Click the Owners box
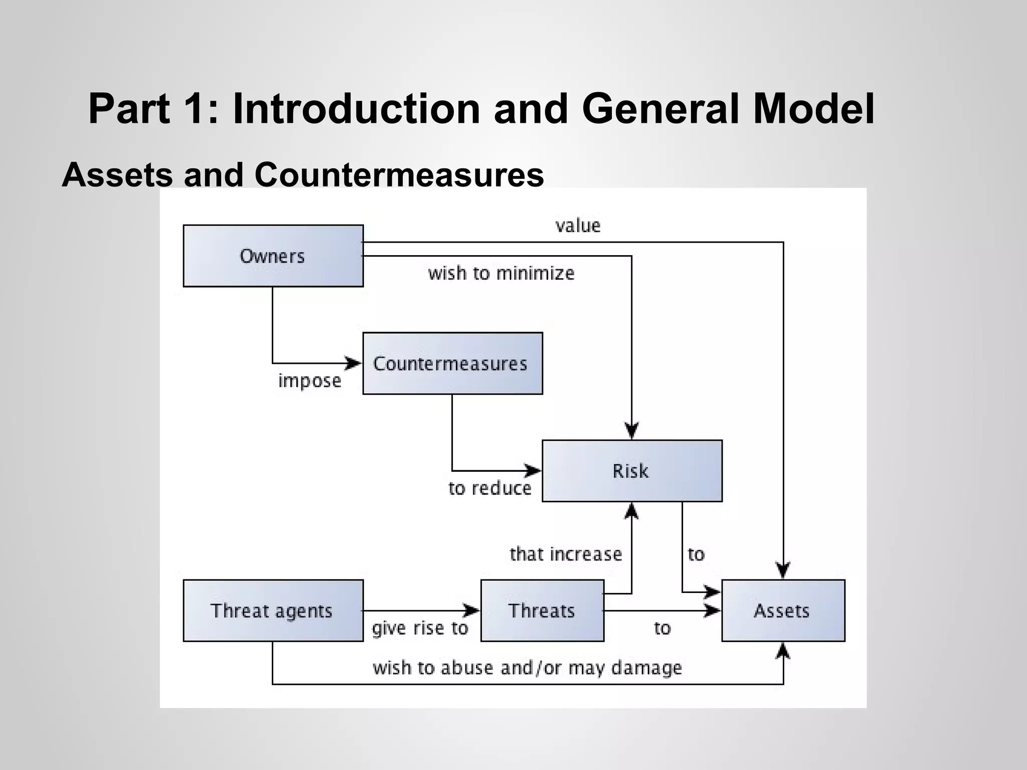coord(273,256)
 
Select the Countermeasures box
coord(452,363)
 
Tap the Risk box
coord(632,471)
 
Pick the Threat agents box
coord(273,611)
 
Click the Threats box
coord(542,611)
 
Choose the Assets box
coord(783,611)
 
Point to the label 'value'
coord(578,226)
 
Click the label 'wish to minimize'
coord(501,273)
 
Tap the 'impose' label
coord(309,381)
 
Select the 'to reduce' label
coord(489,488)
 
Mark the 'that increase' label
coord(566,554)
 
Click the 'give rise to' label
coord(420,628)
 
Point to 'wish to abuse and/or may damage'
coord(527,668)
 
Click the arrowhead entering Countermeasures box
coord(354,362)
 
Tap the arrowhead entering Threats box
coord(472,610)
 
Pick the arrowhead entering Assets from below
coord(783,651)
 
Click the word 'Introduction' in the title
coord(357,109)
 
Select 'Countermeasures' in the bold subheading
coord(399,175)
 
